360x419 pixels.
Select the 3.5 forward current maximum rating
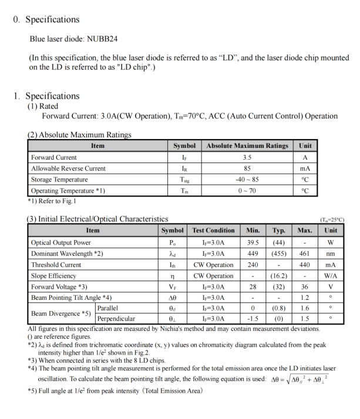click(x=247, y=157)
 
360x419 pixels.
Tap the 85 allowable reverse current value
click(x=247, y=168)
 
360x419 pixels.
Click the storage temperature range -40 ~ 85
click(x=247, y=180)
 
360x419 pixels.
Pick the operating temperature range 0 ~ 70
click(x=247, y=191)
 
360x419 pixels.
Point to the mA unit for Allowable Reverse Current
click(x=305, y=168)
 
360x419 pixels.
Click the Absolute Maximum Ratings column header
click(x=247, y=146)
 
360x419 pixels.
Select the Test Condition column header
click(x=213, y=231)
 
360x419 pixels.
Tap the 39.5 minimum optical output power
click(x=253, y=242)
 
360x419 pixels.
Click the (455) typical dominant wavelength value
click(x=279, y=254)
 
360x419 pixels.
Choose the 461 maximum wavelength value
click(x=305, y=254)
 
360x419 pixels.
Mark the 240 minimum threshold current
click(x=253, y=265)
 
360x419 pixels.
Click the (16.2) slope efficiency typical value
click(x=279, y=276)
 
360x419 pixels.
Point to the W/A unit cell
click(x=331, y=276)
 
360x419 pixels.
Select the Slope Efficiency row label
click(x=53, y=276)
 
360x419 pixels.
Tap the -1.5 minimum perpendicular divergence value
click(x=253, y=319)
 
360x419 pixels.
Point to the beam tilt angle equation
click(x=305, y=380)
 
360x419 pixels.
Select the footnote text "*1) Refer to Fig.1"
click(x=52, y=201)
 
